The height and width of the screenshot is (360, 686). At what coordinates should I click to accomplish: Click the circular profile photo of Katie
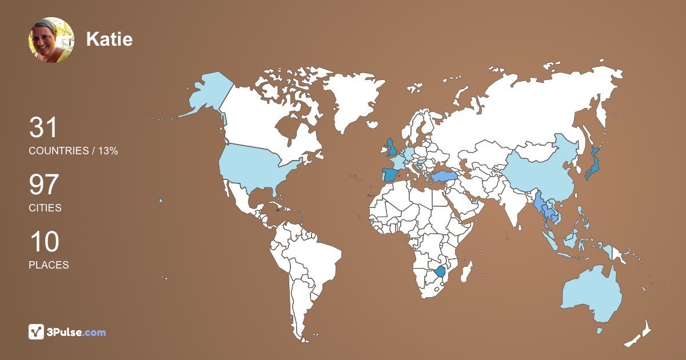51,39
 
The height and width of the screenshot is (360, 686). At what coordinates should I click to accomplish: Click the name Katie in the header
109,39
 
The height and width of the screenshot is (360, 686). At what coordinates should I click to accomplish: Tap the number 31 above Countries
43,128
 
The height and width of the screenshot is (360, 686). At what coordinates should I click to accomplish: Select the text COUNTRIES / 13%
73,151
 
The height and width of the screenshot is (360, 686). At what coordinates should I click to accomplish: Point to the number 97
44,185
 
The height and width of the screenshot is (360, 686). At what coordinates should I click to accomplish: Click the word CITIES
45,208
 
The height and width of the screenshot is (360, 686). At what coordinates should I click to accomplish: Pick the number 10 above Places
44,242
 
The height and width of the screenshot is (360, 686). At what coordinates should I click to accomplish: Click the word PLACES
49,265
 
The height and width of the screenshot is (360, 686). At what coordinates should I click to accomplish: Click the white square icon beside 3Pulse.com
37,332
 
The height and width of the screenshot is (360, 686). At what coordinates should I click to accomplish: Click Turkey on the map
446,176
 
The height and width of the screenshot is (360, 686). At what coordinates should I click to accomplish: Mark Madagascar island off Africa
467,271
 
